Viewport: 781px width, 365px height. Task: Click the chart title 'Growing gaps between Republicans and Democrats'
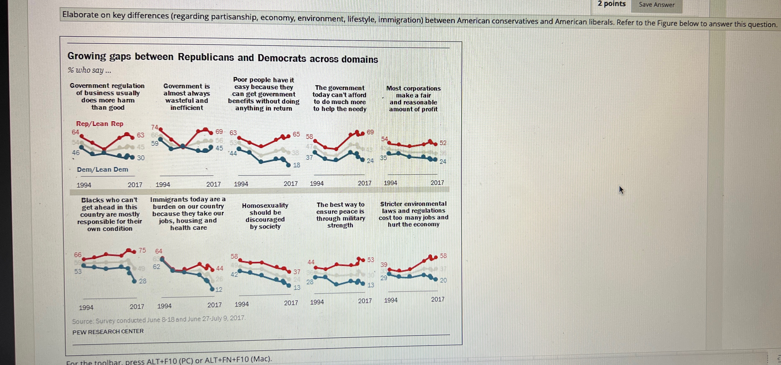point(223,57)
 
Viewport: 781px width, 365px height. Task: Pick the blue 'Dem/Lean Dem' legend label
point(102,169)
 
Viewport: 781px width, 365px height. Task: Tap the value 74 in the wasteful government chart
point(155,127)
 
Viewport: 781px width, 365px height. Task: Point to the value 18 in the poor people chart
point(297,165)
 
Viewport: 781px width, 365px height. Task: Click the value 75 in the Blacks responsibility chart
point(142,250)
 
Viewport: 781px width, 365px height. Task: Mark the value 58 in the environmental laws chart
point(443,256)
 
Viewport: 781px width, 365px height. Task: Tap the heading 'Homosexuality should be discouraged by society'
point(265,216)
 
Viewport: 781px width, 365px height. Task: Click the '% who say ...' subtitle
point(90,70)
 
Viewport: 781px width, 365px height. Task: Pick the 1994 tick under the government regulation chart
point(84,185)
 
